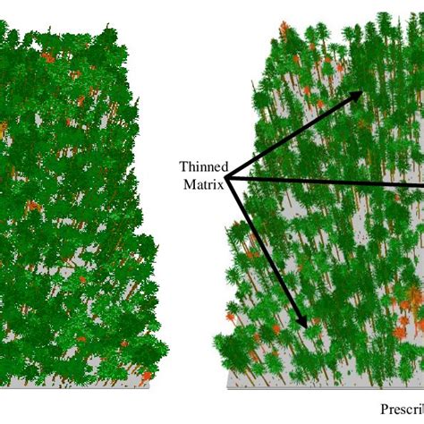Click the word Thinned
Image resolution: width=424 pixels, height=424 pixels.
[x=204, y=166]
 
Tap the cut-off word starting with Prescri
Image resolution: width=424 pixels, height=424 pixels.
[x=402, y=411]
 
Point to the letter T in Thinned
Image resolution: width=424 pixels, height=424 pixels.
[x=182, y=166]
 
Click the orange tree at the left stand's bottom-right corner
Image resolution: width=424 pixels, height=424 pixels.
[x=146, y=376]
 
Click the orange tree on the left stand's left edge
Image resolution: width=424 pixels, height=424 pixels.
[x=3, y=131]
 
